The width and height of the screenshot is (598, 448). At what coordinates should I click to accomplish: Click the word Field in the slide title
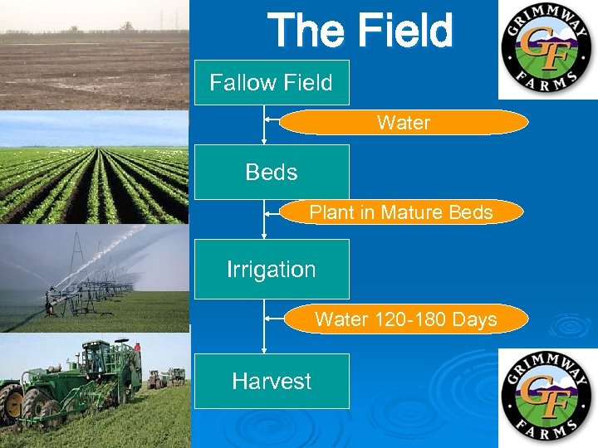407,32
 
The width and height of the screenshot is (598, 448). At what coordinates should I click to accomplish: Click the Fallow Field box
272,82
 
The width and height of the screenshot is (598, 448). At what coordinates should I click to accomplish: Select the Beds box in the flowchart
272,172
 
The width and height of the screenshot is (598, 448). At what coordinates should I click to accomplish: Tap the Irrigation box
272,269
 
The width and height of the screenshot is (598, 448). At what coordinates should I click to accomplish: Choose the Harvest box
272,381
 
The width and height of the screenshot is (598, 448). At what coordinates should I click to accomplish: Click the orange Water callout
404,123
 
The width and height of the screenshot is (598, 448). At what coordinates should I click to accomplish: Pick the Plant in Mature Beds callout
401,212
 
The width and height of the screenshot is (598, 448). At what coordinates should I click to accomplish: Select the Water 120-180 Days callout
405,319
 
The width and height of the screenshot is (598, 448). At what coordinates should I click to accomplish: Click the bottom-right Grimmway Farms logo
547,397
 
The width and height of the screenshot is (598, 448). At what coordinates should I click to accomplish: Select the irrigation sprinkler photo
94,279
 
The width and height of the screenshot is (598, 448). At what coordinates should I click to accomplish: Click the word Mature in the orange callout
412,212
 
